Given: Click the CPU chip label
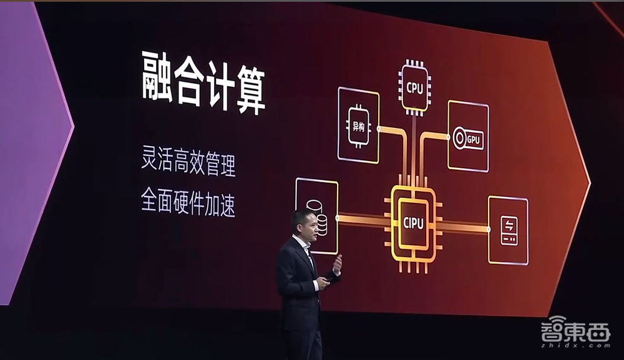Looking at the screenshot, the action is click(x=415, y=88).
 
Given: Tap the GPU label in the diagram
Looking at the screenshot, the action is click(x=474, y=140).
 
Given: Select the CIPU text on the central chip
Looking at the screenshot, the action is click(x=414, y=223).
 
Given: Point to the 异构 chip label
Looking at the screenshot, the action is click(x=358, y=127).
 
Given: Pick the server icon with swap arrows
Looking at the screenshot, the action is click(x=509, y=231).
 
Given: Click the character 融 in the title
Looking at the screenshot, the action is click(x=157, y=77).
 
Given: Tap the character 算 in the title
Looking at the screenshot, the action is click(x=251, y=89).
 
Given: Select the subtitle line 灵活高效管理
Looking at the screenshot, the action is click(x=188, y=161).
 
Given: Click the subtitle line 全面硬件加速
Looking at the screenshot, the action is click(x=188, y=202).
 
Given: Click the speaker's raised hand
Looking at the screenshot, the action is click(x=338, y=264).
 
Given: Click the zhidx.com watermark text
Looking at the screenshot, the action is click(x=575, y=345).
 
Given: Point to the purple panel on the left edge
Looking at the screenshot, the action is click(x=32, y=151).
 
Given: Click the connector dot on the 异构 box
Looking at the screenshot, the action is click(x=379, y=129).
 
